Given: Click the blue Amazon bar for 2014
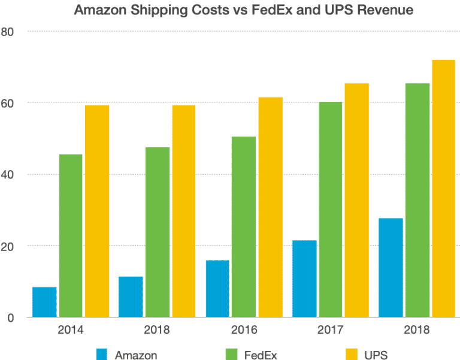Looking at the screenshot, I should (x=44, y=302).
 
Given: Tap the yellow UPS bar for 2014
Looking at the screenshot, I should (x=97, y=211).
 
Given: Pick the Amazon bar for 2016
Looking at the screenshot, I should (x=217, y=289).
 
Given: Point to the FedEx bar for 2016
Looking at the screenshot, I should (x=244, y=227).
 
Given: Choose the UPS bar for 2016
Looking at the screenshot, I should (x=270, y=207).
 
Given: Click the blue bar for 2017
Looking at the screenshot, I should (x=304, y=279).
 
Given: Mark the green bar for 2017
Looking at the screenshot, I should (x=331, y=210).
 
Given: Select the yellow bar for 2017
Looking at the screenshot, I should (x=357, y=200).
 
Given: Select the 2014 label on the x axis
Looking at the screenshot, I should (x=71, y=330).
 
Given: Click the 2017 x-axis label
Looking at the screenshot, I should (x=331, y=330).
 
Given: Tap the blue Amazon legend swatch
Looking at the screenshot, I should (x=101, y=354).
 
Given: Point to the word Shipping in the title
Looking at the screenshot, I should (x=153, y=10).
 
